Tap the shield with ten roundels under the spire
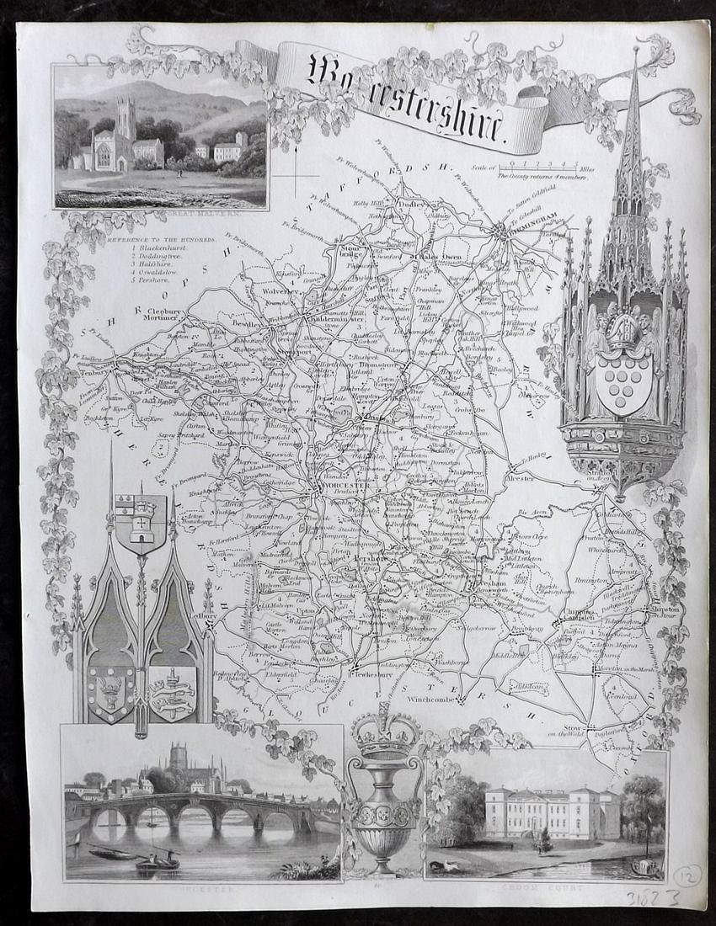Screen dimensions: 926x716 coord(622,382)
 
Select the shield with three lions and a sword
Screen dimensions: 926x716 coord(172,692)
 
